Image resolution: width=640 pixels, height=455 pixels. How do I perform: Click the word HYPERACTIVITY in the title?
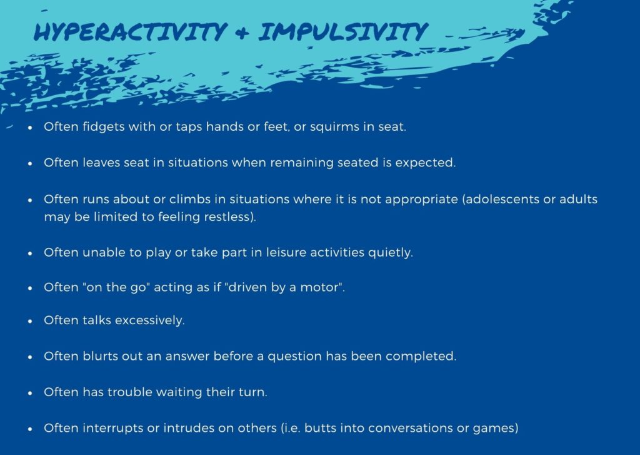click(x=130, y=32)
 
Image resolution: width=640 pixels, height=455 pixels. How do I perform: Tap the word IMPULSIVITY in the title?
click(x=343, y=32)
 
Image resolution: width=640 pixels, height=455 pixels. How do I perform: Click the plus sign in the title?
click(x=242, y=33)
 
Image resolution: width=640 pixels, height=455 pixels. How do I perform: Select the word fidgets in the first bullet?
click(x=104, y=126)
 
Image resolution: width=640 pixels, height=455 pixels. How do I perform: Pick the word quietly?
click(x=390, y=253)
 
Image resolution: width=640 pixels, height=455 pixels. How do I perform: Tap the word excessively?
click(x=149, y=320)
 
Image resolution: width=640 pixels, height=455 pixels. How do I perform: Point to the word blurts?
click(x=101, y=356)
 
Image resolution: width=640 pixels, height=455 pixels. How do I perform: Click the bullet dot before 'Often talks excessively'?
click(x=30, y=321)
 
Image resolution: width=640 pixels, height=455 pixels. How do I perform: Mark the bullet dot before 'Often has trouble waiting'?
click(x=30, y=393)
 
